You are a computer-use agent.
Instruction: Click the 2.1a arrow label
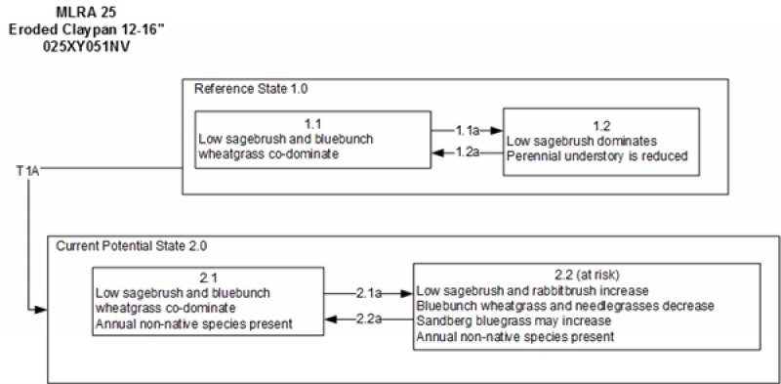368,290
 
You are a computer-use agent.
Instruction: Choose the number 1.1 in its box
313,124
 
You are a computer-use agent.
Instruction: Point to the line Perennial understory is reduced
598,154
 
